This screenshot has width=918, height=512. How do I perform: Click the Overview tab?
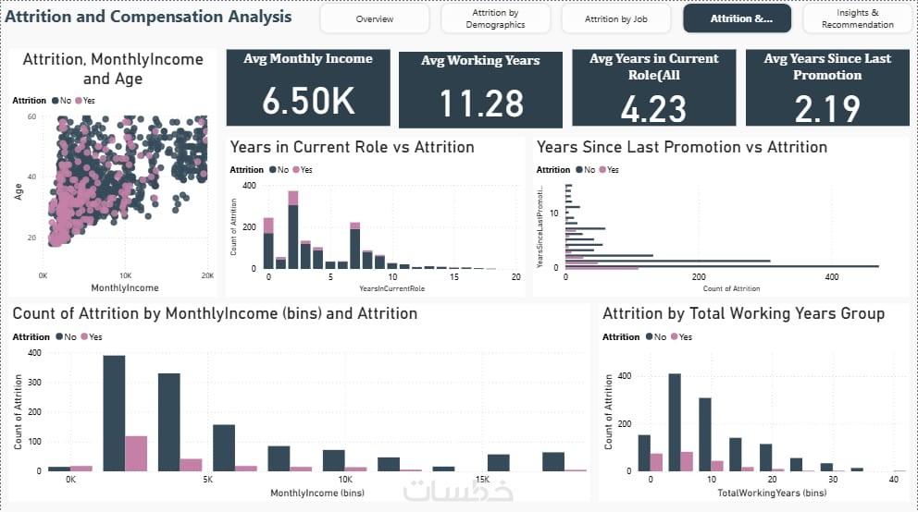[374, 18]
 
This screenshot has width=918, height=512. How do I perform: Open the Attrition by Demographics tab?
[495, 18]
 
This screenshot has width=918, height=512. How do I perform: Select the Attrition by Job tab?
[616, 18]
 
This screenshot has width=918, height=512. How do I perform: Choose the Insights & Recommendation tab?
[857, 18]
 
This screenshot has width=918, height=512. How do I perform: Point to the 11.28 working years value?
[481, 104]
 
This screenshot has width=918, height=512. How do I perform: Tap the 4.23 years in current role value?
[653, 107]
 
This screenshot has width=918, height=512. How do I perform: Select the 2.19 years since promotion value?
[827, 107]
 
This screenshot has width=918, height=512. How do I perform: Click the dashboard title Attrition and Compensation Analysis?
[148, 17]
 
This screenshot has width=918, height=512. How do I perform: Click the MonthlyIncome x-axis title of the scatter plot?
[125, 288]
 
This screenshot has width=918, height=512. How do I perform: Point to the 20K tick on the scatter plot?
[207, 275]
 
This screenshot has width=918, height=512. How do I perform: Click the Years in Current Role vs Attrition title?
[352, 147]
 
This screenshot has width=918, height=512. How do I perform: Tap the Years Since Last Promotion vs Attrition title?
[682, 147]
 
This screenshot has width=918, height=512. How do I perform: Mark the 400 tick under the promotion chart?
[832, 276]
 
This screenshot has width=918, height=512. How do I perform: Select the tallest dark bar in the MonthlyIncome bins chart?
[114, 412]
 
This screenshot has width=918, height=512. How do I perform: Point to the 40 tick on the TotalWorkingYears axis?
[893, 480]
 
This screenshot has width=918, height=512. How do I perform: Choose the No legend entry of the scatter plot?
[63, 100]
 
